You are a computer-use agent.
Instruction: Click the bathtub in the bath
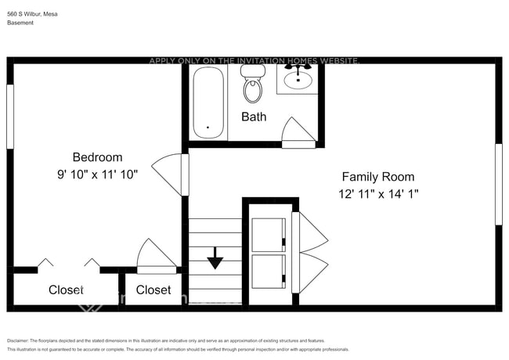(208, 103)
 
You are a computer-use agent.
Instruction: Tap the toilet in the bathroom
(253, 85)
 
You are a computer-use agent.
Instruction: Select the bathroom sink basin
(298, 79)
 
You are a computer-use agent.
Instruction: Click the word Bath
(254, 117)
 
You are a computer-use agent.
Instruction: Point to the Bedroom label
(97, 157)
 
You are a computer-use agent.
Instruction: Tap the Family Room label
(378, 177)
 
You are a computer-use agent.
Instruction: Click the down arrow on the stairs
(215, 260)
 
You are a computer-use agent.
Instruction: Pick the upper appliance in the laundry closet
(268, 234)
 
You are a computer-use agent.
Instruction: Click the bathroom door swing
(299, 131)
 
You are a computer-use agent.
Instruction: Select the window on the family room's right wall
(498, 184)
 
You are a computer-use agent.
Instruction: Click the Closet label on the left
(66, 290)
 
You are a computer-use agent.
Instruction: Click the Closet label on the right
(153, 290)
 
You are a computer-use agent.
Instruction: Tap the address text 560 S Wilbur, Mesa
(32, 13)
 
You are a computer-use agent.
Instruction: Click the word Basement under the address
(20, 23)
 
